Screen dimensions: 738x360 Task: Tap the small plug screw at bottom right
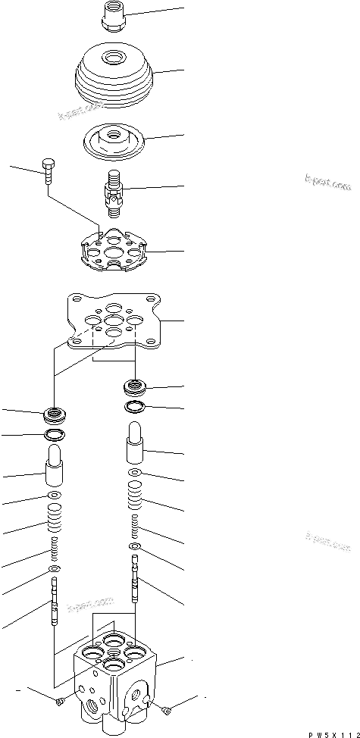click(x=167, y=709)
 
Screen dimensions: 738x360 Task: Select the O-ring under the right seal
click(x=136, y=408)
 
